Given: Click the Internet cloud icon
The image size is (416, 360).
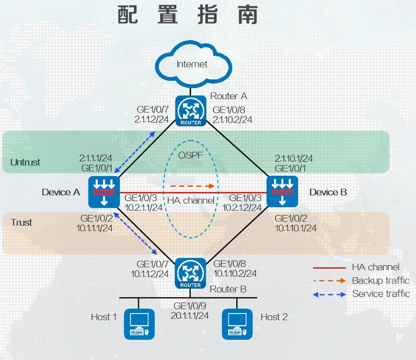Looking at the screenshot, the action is coord(194,64).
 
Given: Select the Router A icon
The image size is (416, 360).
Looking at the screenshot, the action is coord(191,111).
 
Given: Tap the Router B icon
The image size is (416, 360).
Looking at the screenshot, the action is coord(190,273).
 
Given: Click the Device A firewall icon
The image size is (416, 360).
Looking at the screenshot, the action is coord(104,192).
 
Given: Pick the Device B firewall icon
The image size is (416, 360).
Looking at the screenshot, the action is coord(282,191).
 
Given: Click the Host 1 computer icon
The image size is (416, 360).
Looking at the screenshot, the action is coord(139,324).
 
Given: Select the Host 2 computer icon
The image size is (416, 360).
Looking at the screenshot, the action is coord(237,324).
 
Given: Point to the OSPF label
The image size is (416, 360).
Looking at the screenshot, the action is coord(190,156).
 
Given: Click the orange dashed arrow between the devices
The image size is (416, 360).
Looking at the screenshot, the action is coord(192,186).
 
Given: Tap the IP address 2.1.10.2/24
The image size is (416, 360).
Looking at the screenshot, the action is coord(232,120).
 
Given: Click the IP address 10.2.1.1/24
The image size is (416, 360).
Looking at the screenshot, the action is coord(143,208).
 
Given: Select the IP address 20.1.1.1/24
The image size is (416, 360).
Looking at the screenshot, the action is coord(190,316).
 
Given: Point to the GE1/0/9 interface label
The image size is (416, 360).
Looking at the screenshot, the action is coord(190,306).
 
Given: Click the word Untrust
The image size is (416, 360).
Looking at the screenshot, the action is coord(25,162).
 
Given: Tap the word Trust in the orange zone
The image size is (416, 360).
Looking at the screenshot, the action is coord(21,223).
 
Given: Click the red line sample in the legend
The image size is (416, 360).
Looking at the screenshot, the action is coord(330,268).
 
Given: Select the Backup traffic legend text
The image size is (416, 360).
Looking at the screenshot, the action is coord(381,281).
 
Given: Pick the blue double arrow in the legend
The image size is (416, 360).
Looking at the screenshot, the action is coord(330,294).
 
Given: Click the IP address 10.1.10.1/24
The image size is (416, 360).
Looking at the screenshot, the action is coord(296,228).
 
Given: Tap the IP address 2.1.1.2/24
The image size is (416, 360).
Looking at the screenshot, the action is coord(151,120).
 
